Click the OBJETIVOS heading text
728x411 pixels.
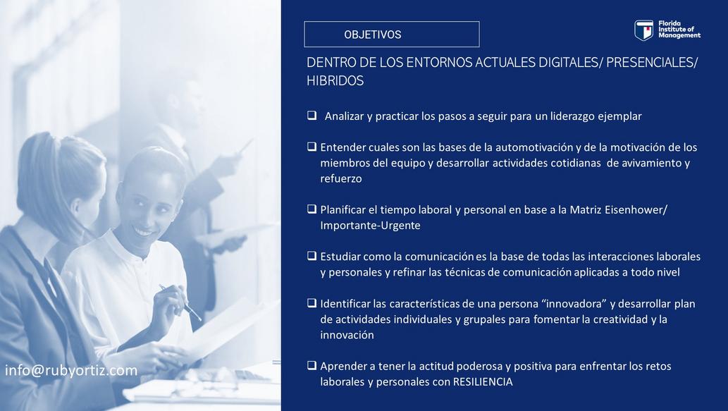coord(372,35)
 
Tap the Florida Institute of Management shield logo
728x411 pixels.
coord(643,30)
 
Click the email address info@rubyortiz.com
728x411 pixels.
coord(71,371)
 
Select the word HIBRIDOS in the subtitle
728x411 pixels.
coord(335,81)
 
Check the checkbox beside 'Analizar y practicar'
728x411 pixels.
coord(311,115)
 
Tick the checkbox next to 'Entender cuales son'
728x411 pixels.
coord(311,147)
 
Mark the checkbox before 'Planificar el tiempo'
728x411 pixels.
coord(311,209)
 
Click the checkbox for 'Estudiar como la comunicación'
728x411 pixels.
coord(311,255)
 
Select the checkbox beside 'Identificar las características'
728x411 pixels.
coord(311,303)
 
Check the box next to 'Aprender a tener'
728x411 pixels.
coord(311,365)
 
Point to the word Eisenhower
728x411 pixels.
coord(634,209)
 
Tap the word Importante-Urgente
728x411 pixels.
coord(370,226)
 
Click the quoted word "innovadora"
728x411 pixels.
coord(574,304)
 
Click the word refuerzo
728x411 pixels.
coord(341,179)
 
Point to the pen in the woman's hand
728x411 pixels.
coord(180,302)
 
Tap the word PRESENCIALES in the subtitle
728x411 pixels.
coord(650,63)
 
